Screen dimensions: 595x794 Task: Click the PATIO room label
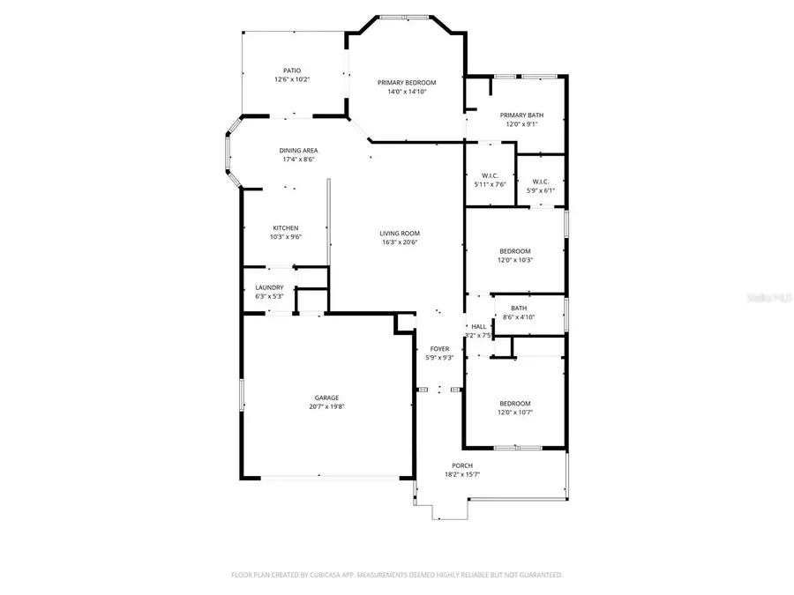coord(291,70)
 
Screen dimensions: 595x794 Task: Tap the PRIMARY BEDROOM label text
coord(407,82)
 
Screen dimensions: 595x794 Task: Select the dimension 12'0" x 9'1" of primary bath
coord(521,124)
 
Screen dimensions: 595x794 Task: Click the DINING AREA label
coord(298,151)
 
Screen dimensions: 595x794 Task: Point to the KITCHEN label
coord(285,227)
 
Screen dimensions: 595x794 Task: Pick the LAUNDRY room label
coord(269,287)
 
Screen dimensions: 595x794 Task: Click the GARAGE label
coord(326,398)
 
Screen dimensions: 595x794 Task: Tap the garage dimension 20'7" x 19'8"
coord(326,407)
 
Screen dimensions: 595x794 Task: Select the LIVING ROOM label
coord(400,233)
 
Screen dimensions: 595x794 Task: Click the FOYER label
coord(439,348)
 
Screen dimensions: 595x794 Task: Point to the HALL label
coord(478,326)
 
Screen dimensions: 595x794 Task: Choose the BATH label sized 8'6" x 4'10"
coord(519,308)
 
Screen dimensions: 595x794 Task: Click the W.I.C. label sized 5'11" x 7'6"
coord(491,175)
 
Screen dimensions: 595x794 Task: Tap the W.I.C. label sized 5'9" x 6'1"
coord(541,182)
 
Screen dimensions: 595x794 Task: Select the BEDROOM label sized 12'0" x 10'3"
coord(515,250)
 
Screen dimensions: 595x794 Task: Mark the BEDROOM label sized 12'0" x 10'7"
coord(515,403)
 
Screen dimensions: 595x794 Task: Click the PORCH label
coord(462,465)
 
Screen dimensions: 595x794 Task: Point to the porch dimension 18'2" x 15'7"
coord(462,475)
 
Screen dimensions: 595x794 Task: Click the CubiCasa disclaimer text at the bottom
coord(396,575)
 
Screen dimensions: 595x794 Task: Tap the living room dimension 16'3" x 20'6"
coord(400,242)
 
